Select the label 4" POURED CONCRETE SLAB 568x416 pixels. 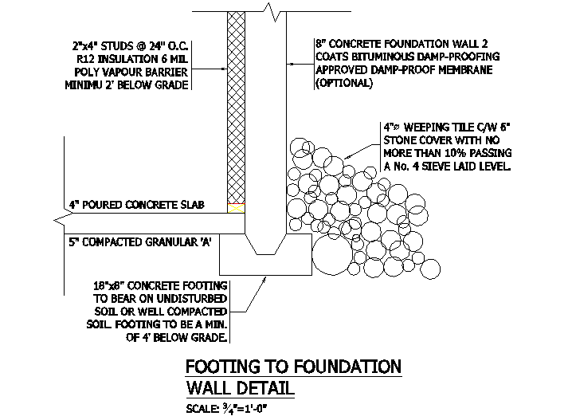[x=137, y=205]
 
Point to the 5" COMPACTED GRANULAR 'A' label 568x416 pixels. [x=140, y=241]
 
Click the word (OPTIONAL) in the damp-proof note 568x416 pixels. [x=344, y=83]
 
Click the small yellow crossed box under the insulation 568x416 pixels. [x=236, y=208]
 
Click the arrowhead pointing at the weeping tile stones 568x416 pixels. [x=347, y=157]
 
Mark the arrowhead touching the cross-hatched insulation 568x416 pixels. [x=224, y=69]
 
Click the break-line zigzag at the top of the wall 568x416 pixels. [x=274, y=12]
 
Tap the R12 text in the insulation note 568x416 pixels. [x=85, y=59]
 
